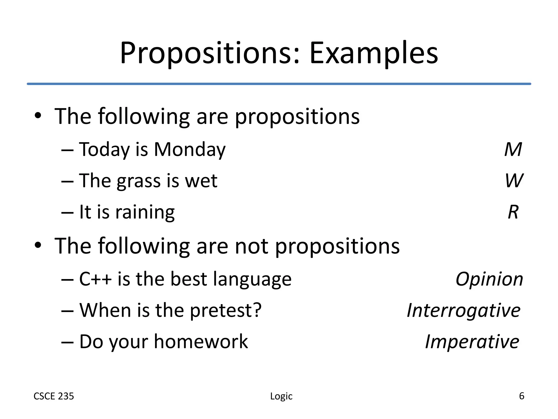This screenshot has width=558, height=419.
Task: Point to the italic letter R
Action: click(x=513, y=212)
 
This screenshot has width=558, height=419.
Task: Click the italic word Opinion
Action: click(x=489, y=279)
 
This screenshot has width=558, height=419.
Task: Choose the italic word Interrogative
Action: click(x=463, y=310)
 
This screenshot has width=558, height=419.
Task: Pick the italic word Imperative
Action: click(x=472, y=342)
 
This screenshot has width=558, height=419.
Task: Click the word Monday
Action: click(x=190, y=150)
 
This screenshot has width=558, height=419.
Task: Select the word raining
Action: click(x=145, y=213)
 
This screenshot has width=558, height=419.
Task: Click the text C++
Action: click(x=95, y=279)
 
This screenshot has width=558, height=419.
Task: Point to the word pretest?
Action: click(x=226, y=311)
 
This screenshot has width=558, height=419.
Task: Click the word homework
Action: click(x=201, y=342)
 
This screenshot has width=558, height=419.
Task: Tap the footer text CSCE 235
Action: click(x=54, y=396)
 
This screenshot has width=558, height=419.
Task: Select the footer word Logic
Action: click(x=281, y=396)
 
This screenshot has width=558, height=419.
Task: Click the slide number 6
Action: click(x=521, y=396)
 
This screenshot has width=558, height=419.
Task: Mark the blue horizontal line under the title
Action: click(x=279, y=84)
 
